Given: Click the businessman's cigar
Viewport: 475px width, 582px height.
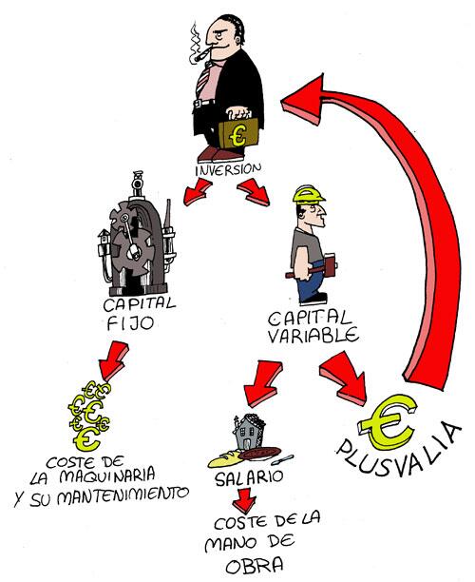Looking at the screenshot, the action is [x=199, y=56].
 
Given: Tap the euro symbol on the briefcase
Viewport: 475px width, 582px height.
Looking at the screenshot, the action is [x=237, y=135].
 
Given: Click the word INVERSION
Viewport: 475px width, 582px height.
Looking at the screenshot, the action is [x=228, y=169].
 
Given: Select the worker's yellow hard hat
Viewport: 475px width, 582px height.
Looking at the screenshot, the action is [x=309, y=194].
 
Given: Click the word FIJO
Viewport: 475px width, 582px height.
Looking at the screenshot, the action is [x=130, y=323].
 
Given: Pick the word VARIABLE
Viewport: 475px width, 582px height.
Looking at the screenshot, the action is [x=313, y=335].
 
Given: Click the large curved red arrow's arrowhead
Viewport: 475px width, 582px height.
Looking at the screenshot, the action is [x=303, y=99].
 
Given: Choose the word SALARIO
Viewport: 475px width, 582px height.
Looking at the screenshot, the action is [x=249, y=477].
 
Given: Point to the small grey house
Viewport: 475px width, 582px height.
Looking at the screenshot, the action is [x=248, y=432].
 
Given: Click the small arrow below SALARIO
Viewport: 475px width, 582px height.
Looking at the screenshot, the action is [x=245, y=500].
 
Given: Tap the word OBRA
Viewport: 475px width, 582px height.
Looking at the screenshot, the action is [x=255, y=567].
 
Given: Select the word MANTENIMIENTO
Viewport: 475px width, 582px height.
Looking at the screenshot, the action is [x=123, y=495].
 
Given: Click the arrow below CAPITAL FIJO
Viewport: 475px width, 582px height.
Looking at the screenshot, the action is [x=114, y=361].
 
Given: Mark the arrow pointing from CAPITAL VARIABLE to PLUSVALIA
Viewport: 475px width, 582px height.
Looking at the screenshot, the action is [x=344, y=378].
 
